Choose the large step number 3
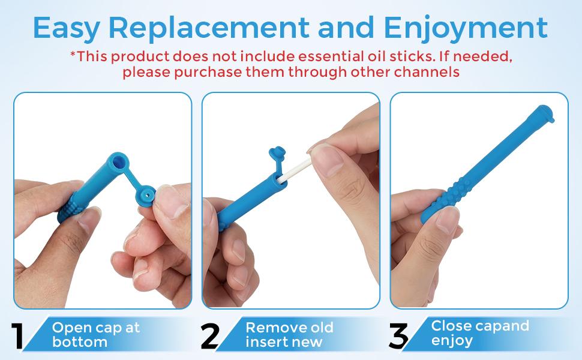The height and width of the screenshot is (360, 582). [398, 337]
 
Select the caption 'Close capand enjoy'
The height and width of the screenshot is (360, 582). [480, 333]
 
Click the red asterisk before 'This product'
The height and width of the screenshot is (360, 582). [73, 56]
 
